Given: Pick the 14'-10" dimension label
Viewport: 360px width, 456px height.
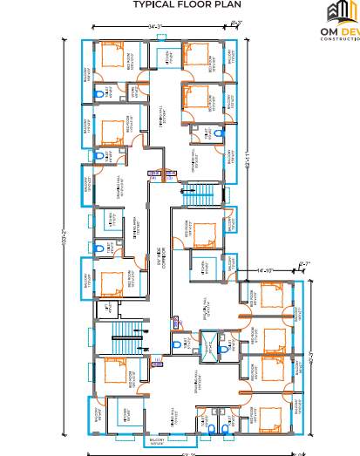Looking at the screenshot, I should point(266,271).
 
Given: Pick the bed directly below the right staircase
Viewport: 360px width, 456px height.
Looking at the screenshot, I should point(204,233).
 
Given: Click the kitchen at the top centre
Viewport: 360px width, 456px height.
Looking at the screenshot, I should point(166,58).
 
